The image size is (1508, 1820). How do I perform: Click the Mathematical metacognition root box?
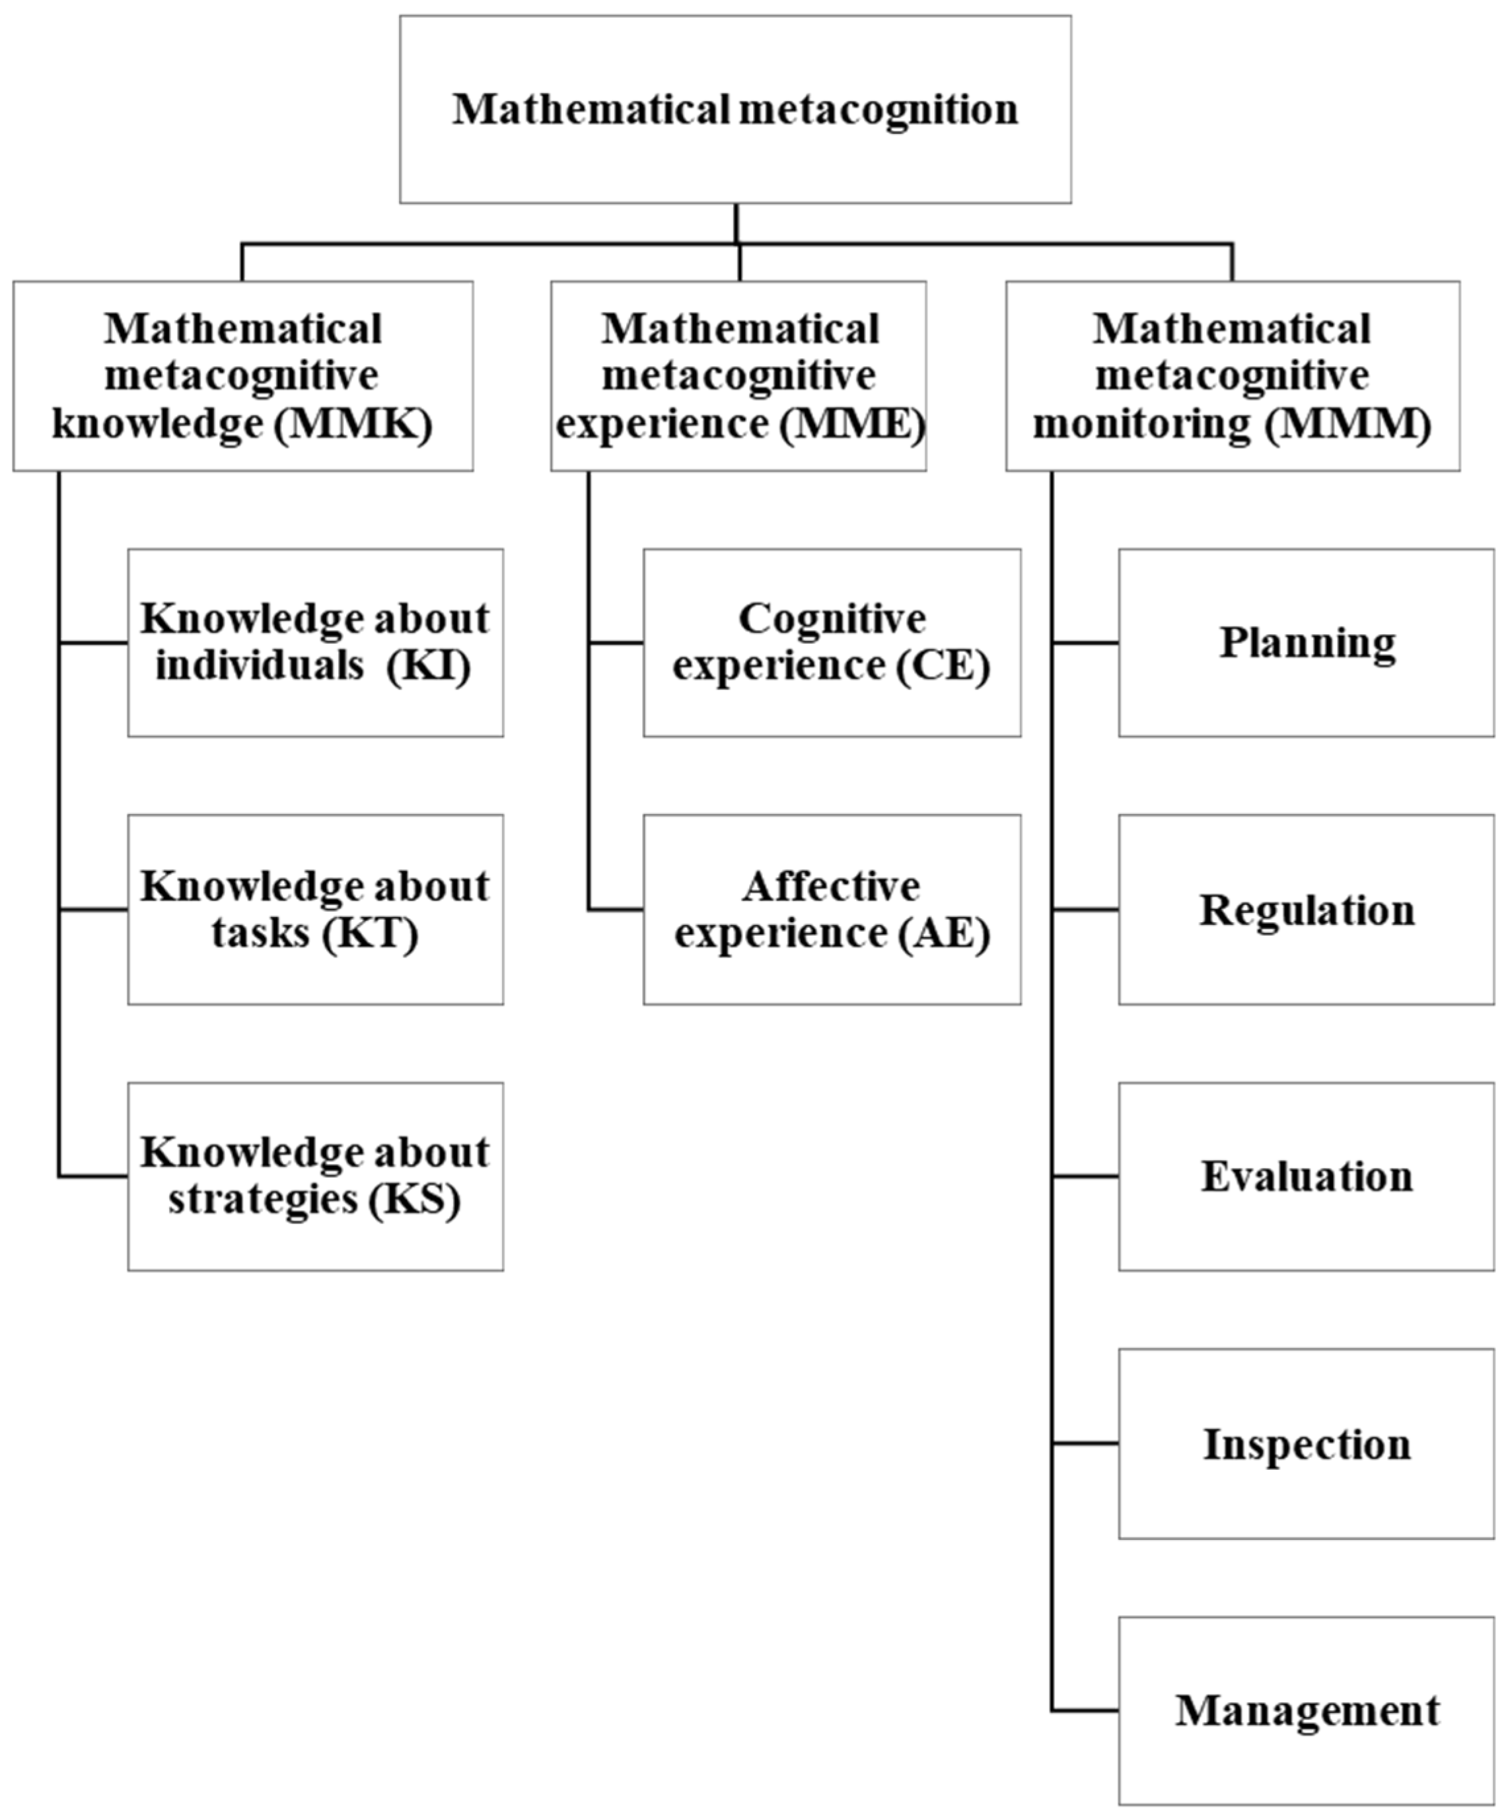point(735,109)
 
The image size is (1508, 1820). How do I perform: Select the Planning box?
point(1305,642)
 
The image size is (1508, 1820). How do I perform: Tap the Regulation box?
point(1305,909)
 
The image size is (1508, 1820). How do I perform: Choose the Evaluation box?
point(1305,1176)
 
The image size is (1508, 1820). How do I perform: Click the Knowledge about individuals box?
point(316,642)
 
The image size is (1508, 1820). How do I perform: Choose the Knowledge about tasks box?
point(316,909)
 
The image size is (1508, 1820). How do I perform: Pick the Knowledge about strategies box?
point(316,1176)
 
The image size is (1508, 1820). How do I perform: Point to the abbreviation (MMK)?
point(353,425)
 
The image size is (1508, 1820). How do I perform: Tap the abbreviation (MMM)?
point(1347,425)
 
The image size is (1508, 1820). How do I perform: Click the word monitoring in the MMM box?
point(1141,425)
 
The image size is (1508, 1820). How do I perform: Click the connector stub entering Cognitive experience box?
point(616,642)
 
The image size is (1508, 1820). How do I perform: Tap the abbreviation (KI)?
point(428,667)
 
